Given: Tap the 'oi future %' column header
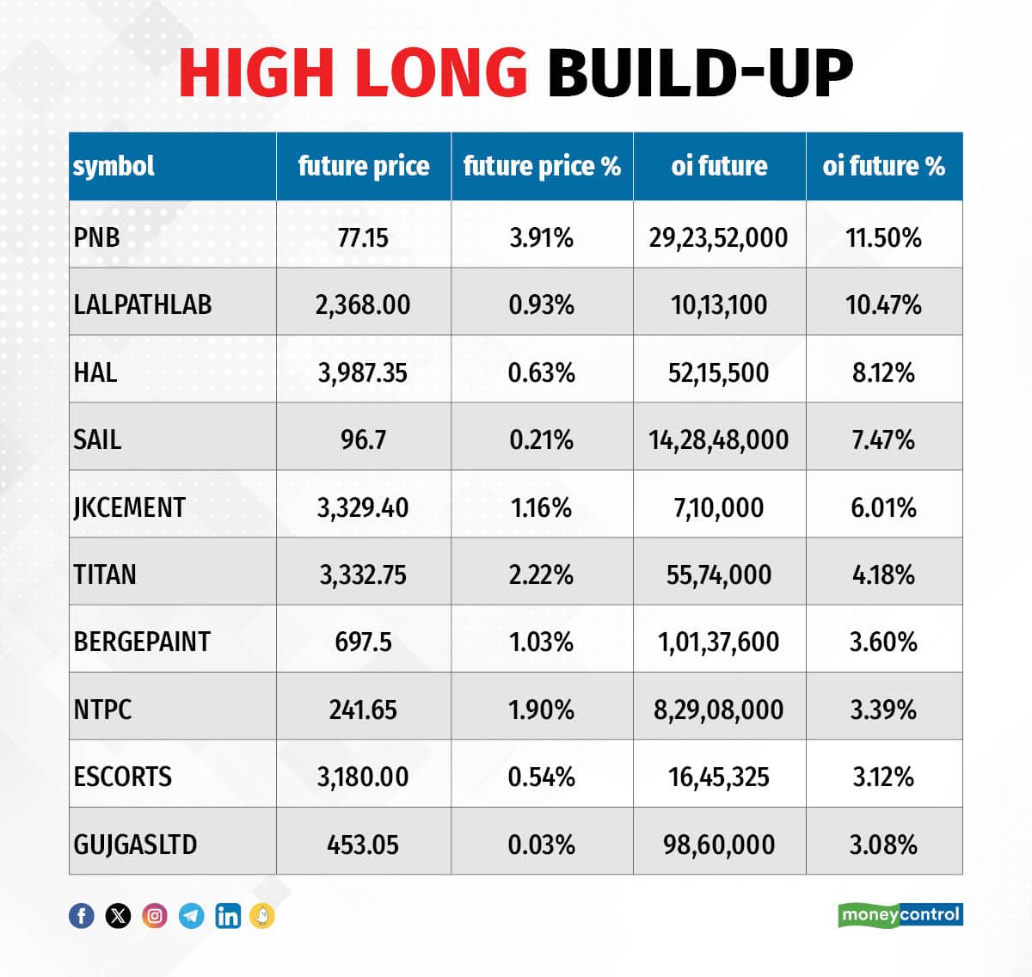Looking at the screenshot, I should [x=883, y=166].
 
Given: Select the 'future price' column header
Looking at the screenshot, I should [x=363, y=166].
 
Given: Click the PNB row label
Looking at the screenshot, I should [x=97, y=237].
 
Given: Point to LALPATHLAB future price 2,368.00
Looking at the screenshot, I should [x=363, y=304].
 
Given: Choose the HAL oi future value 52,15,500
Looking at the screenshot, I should [x=718, y=372].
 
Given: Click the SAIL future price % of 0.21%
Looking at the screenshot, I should [x=541, y=439].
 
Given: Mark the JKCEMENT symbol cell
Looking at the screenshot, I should [x=130, y=507].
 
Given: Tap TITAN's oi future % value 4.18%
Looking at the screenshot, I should [x=883, y=575].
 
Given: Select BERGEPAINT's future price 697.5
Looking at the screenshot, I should [x=363, y=642].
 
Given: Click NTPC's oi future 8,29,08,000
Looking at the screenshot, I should [x=718, y=710].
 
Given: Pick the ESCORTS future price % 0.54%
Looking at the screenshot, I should [x=541, y=777].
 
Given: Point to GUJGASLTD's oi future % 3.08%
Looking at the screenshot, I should [x=883, y=845].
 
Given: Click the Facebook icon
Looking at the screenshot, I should [x=82, y=916].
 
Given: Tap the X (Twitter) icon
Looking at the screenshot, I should [x=118, y=916].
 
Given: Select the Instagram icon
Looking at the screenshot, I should [x=155, y=916].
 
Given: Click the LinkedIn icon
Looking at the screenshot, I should [x=228, y=916].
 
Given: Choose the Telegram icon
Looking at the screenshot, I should [x=191, y=916].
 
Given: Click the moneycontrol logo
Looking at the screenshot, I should [x=900, y=914].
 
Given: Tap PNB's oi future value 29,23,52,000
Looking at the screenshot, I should [x=718, y=237].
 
